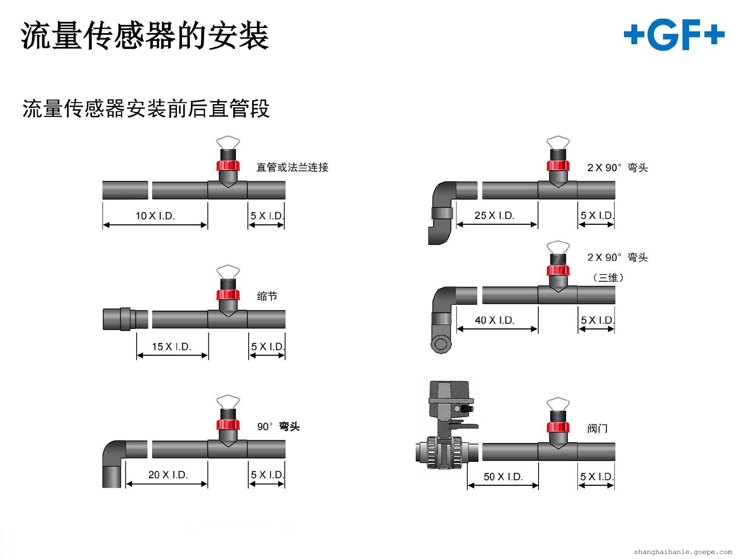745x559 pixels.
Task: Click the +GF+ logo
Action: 674,35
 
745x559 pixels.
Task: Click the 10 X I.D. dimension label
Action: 155,216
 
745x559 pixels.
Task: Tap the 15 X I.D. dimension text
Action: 172,347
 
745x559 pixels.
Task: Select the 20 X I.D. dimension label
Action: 168,475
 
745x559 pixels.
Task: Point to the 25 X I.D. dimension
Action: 494,215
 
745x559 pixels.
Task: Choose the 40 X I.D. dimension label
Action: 495,320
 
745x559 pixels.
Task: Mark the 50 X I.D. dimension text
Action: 503,477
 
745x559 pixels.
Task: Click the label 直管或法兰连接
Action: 292,168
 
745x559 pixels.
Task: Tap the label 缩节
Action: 267,297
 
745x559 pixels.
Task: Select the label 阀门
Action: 597,429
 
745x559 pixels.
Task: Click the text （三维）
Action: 608,278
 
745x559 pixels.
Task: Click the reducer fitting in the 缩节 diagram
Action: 125,319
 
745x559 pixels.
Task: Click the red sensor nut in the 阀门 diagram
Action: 558,427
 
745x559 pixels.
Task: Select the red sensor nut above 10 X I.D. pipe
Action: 228,165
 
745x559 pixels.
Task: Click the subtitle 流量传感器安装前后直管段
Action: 146,109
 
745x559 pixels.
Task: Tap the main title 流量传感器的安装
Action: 145,36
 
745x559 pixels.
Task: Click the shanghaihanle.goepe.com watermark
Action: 683,552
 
